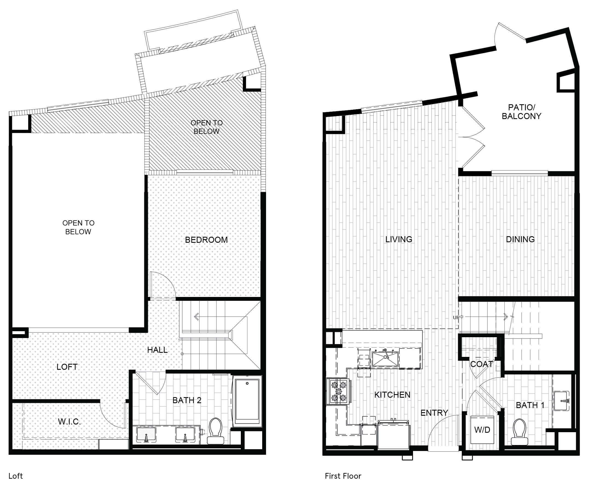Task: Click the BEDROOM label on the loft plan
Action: (x=206, y=240)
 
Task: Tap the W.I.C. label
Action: (x=69, y=422)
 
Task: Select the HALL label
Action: (x=157, y=350)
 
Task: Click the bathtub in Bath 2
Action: (x=247, y=401)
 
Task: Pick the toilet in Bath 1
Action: (x=519, y=432)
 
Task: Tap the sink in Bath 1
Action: (x=561, y=401)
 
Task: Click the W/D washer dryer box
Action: (x=482, y=430)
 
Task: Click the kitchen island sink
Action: (x=385, y=359)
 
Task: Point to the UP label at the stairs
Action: (x=456, y=317)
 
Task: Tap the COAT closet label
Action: (x=481, y=364)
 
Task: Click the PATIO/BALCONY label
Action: (x=521, y=112)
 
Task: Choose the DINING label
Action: (x=520, y=239)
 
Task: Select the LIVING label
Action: (x=398, y=239)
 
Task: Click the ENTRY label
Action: (x=434, y=413)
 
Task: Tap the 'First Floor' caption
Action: (x=343, y=476)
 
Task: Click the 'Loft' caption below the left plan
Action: (x=15, y=476)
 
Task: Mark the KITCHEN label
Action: (x=392, y=395)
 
